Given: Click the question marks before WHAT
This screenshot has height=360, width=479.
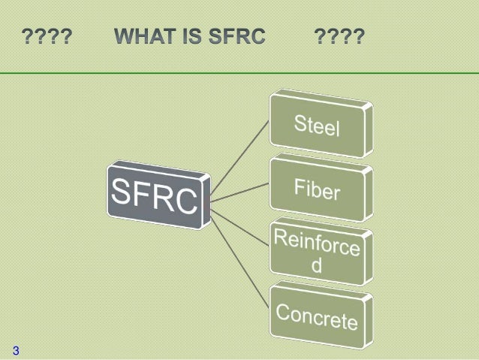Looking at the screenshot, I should [47, 37].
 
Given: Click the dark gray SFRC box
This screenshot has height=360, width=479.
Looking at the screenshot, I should [158, 194].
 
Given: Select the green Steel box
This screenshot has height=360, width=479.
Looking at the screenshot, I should [318, 123].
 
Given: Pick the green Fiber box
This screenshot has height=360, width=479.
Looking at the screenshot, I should [318, 187].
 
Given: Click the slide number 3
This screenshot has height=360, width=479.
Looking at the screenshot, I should [16, 349].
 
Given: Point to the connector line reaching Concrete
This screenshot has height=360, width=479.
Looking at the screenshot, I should [240, 256].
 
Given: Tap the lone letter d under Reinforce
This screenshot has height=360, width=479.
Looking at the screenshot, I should [317, 267].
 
